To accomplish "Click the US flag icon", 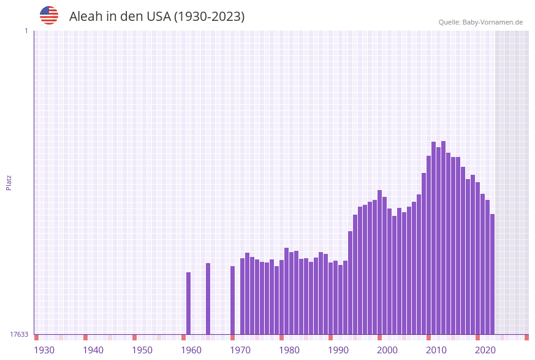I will point(49,15).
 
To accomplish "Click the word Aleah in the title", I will point(85,17).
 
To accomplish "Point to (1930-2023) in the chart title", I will point(209,17).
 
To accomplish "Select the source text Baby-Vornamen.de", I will point(492,22).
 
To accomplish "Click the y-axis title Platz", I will point(9,182).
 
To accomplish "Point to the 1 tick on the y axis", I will point(26,31).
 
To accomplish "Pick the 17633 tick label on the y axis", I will point(19,334).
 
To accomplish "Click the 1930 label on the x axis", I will point(44,350).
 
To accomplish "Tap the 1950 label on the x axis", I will point(142,350).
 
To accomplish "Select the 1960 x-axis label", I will point(191,350).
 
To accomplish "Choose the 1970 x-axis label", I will point(240,350).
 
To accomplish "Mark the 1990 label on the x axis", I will point(338,350).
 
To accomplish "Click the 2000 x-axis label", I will point(387,350).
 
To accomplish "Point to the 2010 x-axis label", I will point(436,350).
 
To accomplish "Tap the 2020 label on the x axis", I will point(485,350).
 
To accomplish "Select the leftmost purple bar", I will point(189,303).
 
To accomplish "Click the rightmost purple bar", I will point(492,274).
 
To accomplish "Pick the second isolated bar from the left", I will point(208,299).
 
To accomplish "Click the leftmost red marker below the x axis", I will point(37,337).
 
